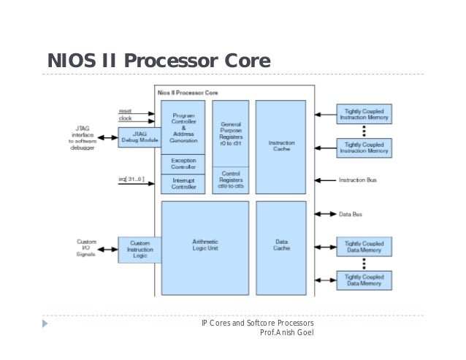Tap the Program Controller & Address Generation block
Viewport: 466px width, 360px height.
tap(183, 126)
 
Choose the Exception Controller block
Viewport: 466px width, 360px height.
tap(183, 164)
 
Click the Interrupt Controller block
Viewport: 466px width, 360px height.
tap(183, 183)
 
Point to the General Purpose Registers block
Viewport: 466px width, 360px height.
tap(230, 134)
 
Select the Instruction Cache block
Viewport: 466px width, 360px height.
tap(281, 146)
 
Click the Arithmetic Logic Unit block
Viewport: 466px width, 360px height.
tap(206, 245)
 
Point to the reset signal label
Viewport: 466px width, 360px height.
tap(125, 110)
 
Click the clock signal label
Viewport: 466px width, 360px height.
tap(125, 118)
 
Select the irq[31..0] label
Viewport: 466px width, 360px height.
tap(131, 180)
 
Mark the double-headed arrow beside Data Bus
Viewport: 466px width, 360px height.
tap(324, 214)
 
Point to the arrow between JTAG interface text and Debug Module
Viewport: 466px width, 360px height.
tap(106, 137)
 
